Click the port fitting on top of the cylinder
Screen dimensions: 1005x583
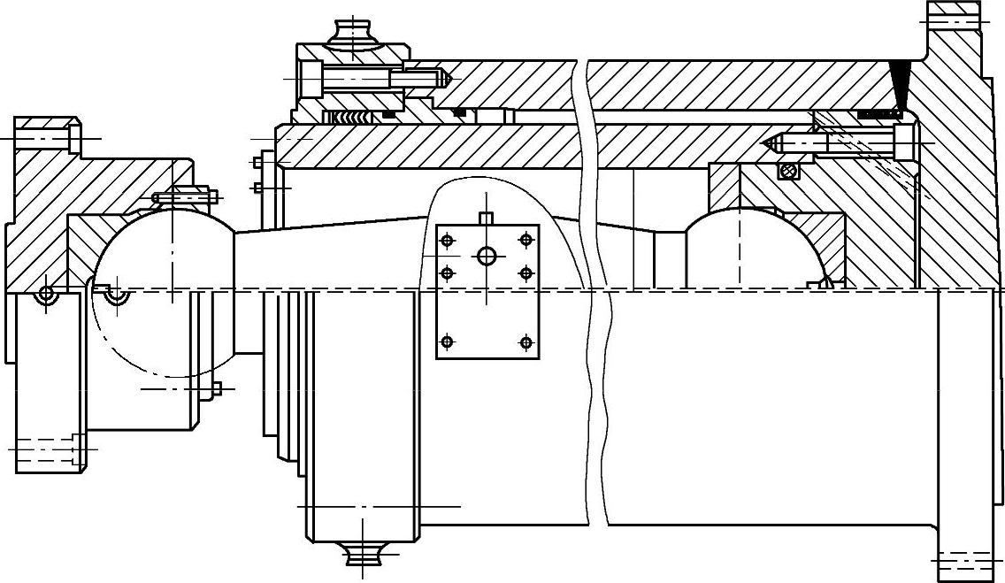coord(353,36)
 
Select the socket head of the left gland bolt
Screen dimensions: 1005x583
coord(312,79)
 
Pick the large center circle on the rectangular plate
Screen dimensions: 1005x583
coord(487,257)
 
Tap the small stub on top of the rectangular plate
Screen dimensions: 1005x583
coord(484,218)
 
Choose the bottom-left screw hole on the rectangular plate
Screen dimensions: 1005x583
coord(447,341)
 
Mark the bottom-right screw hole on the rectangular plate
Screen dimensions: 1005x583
coord(526,341)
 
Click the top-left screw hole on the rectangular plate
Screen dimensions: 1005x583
coord(447,240)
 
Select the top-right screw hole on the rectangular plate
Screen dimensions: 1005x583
coord(526,239)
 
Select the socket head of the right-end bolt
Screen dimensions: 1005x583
coord(902,142)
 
